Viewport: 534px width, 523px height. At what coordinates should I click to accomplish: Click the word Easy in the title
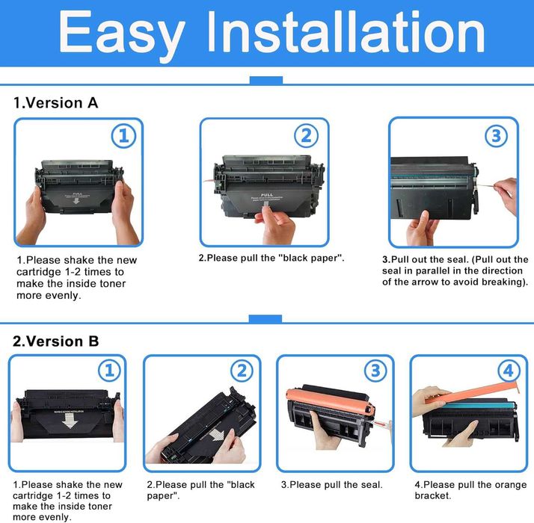tap(121, 34)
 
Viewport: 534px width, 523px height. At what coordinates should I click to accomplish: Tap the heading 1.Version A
tap(56, 103)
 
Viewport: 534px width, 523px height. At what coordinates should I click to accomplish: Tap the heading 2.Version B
tap(56, 341)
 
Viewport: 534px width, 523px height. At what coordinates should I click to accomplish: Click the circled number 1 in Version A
tap(124, 135)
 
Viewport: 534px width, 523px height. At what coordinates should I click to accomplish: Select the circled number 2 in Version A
tap(305, 135)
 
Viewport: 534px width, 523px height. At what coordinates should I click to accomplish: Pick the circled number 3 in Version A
tap(495, 135)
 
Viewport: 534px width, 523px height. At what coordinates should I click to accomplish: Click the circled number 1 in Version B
tap(109, 370)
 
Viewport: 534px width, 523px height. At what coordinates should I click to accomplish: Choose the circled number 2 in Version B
tap(241, 370)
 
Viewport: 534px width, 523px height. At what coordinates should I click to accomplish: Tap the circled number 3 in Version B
tap(375, 370)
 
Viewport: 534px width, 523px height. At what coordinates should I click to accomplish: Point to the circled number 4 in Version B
tap(509, 370)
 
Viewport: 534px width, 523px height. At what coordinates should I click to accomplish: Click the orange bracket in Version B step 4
tap(471, 391)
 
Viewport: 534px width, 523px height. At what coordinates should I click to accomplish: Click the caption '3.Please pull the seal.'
tap(331, 485)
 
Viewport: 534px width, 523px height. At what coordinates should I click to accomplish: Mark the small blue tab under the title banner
tap(266, 80)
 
